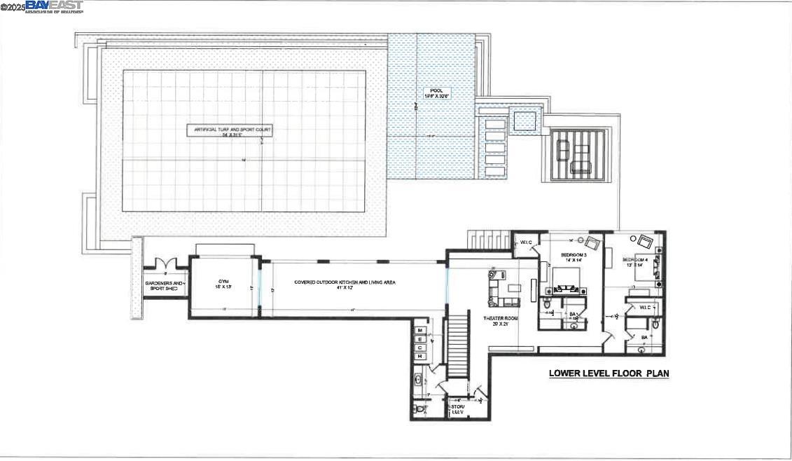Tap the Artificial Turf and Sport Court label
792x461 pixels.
[x=229, y=130]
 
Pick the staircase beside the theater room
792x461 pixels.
[x=457, y=346]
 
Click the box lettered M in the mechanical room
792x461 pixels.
[x=420, y=329]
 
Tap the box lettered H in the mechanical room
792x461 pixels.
[x=420, y=357]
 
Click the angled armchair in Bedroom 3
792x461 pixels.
[x=592, y=243]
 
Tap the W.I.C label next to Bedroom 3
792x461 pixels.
[x=526, y=243]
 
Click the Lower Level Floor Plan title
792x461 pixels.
[x=608, y=373]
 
